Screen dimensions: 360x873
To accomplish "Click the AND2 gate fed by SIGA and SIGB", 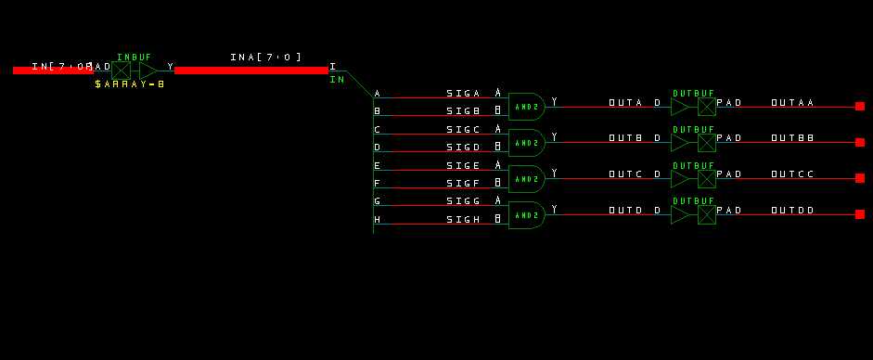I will coord(526,107).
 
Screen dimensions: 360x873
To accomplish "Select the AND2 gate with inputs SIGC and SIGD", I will coord(526,143).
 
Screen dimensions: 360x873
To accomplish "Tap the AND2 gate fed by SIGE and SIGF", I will coord(526,178).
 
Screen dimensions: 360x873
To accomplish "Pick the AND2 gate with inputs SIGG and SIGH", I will coord(526,214).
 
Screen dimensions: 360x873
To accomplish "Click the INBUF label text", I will coord(134,58).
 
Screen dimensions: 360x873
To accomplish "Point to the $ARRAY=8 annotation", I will coord(129,84).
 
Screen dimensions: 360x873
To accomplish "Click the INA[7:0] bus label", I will coord(265,58).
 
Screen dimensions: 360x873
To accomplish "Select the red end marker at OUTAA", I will coord(859,107).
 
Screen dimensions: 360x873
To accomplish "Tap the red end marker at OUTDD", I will coord(859,214).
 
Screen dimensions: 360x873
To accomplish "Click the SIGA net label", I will coord(463,94).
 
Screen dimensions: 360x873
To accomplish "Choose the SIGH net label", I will coord(463,220).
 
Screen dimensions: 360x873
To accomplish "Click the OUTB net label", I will coord(625,138).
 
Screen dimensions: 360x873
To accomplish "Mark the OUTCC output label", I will coord(792,174).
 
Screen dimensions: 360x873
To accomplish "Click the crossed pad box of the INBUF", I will coord(122,70).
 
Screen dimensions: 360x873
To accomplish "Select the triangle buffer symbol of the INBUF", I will coord(148,70).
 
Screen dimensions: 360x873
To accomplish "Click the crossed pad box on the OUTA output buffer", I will coord(707,107).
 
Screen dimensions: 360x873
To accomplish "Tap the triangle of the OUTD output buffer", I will coord(680,214).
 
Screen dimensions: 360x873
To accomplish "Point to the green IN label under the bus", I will coord(337,80).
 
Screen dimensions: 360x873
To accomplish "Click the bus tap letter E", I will coord(377,165).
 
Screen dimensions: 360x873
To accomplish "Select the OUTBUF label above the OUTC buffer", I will coord(693,165).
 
